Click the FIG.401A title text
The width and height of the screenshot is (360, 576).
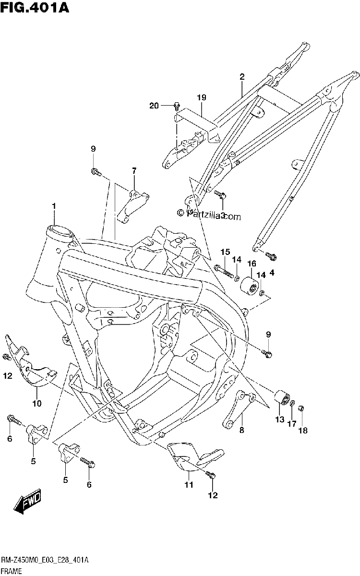point(35,8)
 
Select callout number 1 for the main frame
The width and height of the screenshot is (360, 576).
point(54,206)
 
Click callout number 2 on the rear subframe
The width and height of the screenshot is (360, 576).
point(242,77)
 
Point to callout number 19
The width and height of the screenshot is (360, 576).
point(202,97)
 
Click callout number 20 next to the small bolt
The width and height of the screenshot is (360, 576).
point(154,106)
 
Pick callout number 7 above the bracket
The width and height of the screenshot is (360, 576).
point(134,170)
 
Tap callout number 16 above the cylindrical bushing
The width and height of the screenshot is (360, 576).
point(252,264)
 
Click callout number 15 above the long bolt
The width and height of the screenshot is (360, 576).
point(225,252)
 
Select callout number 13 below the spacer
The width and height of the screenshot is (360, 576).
point(279,420)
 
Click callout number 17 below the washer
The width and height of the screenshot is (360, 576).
point(292,423)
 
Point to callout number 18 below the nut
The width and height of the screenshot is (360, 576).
point(303,431)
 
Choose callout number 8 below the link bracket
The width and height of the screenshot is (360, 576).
point(241,430)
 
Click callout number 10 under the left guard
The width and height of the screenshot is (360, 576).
point(37,403)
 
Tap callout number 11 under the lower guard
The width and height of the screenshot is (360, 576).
point(189,485)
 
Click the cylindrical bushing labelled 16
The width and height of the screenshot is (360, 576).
point(249,286)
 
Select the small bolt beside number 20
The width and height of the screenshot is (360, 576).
point(177,106)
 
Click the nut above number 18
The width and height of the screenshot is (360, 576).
point(301,408)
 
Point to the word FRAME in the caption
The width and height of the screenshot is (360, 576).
point(11,571)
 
